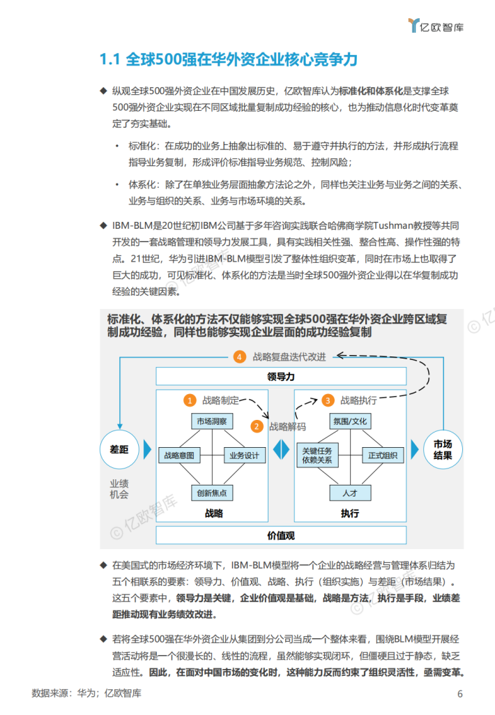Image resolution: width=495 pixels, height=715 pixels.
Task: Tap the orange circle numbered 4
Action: (x=240, y=356)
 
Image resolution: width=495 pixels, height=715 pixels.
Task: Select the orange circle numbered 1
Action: (x=189, y=400)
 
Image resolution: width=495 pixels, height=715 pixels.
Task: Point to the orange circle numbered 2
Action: (x=257, y=426)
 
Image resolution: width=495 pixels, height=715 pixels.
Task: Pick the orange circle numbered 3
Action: (x=328, y=400)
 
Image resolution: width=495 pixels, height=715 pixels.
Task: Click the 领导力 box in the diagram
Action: (x=282, y=377)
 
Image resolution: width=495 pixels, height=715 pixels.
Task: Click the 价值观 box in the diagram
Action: (x=282, y=536)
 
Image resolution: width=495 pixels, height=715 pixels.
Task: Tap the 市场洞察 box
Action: (x=211, y=422)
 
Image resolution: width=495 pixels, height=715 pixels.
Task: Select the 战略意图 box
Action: (x=178, y=456)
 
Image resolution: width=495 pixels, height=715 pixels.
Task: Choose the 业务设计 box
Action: (x=244, y=456)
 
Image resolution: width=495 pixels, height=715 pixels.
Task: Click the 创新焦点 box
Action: (x=211, y=492)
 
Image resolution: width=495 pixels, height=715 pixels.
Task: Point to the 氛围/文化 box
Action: (x=350, y=422)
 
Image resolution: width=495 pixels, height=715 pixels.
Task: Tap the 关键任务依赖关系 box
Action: (x=318, y=456)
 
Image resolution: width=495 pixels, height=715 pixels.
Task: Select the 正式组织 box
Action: (x=382, y=456)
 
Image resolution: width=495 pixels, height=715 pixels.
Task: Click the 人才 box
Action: (x=350, y=492)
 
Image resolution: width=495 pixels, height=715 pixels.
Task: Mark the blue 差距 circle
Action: (x=120, y=449)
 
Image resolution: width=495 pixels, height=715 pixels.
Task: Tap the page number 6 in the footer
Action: (x=460, y=693)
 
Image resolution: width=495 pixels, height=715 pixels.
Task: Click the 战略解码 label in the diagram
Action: (x=288, y=426)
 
